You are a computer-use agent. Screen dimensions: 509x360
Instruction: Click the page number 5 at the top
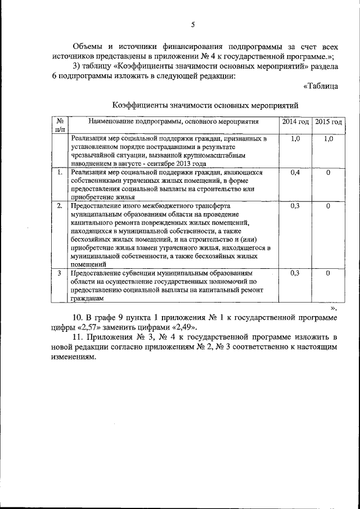click(192, 24)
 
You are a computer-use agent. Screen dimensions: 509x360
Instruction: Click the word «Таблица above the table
click(321, 86)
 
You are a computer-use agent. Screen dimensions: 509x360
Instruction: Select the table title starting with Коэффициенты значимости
click(204, 105)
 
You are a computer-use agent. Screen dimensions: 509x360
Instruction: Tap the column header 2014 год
click(295, 121)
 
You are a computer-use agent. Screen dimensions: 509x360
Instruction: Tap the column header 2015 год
click(328, 121)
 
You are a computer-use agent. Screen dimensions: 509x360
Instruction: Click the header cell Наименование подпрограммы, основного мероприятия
click(173, 121)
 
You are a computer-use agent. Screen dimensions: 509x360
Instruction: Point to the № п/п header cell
click(59, 125)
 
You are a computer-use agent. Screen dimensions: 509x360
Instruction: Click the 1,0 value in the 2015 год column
click(328, 138)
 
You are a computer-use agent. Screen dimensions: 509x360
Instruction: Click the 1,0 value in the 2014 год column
click(295, 138)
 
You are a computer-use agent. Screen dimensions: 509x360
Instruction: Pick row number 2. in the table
click(59, 206)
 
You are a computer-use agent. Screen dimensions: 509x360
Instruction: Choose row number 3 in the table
click(59, 273)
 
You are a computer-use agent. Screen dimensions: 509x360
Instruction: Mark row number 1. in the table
click(59, 173)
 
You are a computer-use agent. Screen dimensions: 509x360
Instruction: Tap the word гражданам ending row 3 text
click(88, 299)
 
